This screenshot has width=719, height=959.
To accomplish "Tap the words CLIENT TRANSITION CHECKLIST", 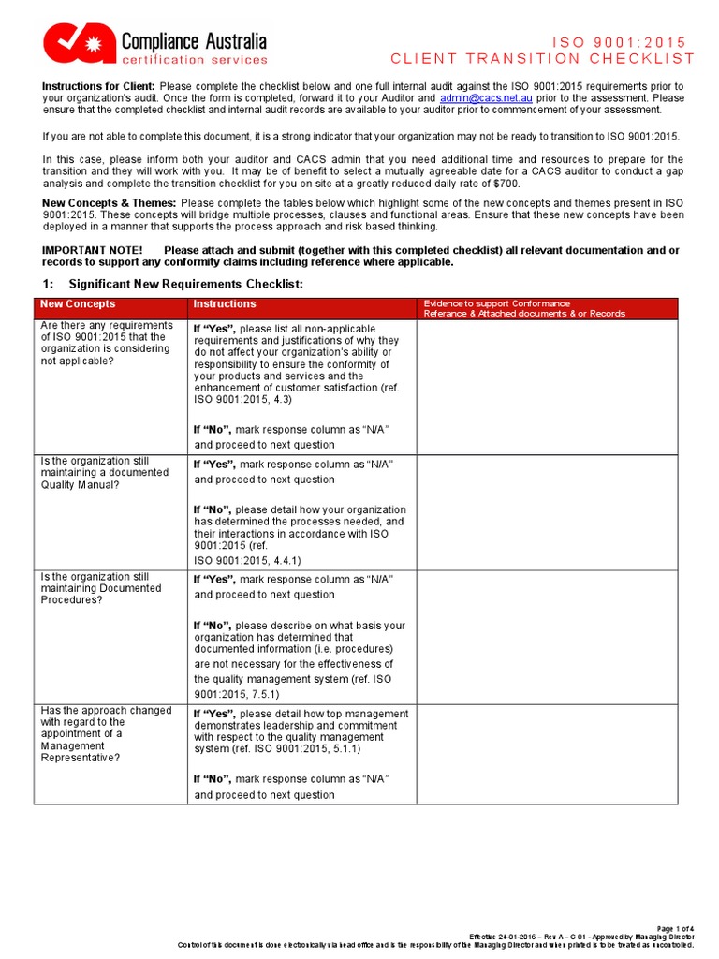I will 543,58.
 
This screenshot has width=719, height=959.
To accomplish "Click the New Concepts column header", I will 78,304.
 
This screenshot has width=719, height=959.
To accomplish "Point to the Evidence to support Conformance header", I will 496,303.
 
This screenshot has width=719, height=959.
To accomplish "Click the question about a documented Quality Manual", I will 104,472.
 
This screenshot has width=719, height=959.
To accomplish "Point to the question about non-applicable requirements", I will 106,343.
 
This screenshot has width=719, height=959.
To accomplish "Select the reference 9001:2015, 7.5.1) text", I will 236,694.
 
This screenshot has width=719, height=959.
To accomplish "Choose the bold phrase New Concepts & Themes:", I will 110,203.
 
